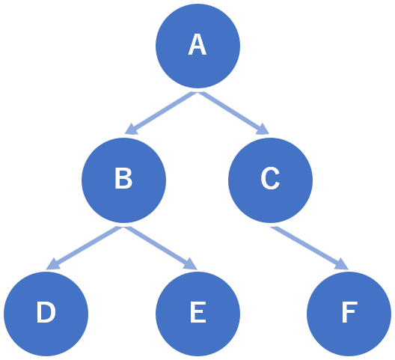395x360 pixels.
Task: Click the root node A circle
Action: (197, 46)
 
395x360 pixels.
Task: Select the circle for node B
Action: (123, 180)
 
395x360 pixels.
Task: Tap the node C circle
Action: (270, 180)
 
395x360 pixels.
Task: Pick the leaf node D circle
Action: (46, 314)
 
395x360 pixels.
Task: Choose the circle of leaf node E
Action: (197, 314)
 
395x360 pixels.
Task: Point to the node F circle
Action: (349, 314)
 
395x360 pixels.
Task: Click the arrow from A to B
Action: (161, 113)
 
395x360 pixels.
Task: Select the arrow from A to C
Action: (233, 113)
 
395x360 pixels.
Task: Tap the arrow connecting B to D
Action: (85, 248)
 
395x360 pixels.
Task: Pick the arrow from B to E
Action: (160, 248)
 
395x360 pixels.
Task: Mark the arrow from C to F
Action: (310, 248)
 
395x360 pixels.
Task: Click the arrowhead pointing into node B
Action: (130, 129)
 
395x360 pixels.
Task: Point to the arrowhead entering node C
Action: (263, 129)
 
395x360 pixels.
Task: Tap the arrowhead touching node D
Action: (52, 265)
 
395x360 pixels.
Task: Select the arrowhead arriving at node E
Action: (191, 265)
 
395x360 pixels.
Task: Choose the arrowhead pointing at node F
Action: (342, 265)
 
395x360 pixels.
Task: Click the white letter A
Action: (197, 44)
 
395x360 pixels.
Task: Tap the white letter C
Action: (270, 178)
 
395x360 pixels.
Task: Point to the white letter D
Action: (46, 312)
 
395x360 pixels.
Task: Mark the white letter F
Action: (349, 312)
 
